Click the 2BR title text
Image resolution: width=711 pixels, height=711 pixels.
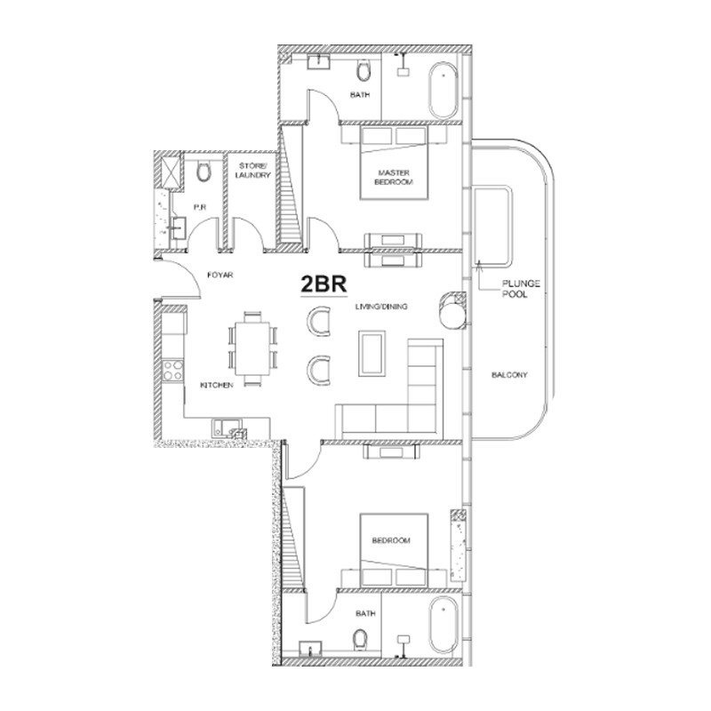coord(320,285)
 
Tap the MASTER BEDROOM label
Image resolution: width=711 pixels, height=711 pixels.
coord(392,176)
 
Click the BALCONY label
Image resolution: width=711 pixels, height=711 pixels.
coord(509,376)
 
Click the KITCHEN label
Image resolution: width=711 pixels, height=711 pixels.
coord(217,385)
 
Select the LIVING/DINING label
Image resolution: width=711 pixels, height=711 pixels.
coord(381,307)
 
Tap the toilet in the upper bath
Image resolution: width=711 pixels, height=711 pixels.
coord(363,72)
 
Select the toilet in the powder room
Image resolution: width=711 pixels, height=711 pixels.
coord(202,172)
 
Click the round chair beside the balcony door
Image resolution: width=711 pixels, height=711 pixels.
coord(453,312)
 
